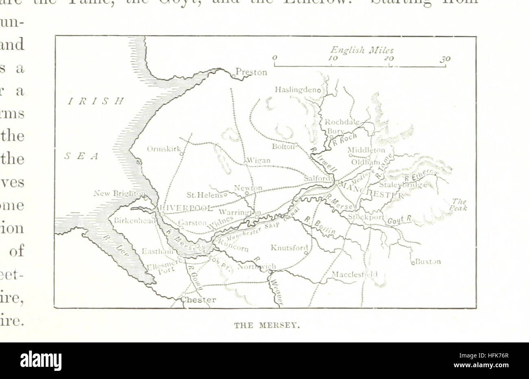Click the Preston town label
(x=251, y=72)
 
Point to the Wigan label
(x=259, y=160)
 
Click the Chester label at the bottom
(x=198, y=300)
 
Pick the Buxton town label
(x=428, y=262)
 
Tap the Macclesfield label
(x=354, y=274)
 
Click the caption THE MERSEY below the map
(x=267, y=325)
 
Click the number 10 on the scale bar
(x=332, y=58)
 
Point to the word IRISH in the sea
(x=96, y=101)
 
